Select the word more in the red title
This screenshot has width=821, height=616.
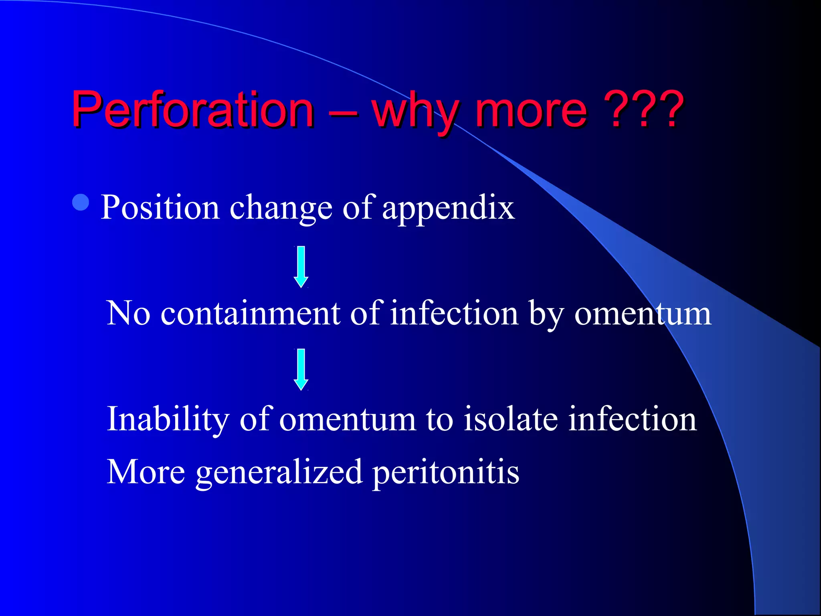coord(531,110)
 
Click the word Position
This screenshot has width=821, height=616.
coord(160,207)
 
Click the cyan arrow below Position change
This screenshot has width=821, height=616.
coord(301,267)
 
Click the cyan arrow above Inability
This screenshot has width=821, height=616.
coord(301,369)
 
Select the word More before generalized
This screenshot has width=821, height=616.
coord(146,472)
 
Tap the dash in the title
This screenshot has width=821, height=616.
coord(343,112)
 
